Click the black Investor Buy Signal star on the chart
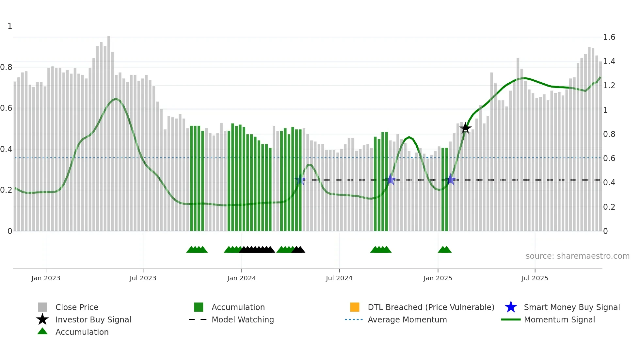pyautogui.click(x=465, y=128)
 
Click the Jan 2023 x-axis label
pyautogui.click(x=46, y=278)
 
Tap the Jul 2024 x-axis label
pyautogui.click(x=339, y=278)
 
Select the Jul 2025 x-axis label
pyautogui.click(x=535, y=278)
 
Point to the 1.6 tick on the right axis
pyautogui.click(x=609, y=37)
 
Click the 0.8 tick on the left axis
pyautogui.click(x=6, y=67)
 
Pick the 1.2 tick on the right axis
pyautogui.click(x=609, y=86)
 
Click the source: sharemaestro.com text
pyautogui.click(x=577, y=256)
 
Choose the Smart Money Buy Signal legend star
pyautogui.click(x=511, y=307)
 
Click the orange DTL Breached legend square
pyautogui.click(x=355, y=307)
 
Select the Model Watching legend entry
pyautogui.click(x=242, y=319)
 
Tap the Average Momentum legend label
pyautogui.click(x=407, y=319)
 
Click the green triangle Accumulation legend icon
pyautogui.click(x=42, y=331)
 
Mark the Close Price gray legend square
pyautogui.click(x=42, y=307)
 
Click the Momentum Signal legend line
pyautogui.click(x=511, y=319)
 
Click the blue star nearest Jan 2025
pyautogui.click(x=451, y=179)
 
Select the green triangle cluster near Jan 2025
pyautogui.click(x=444, y=250)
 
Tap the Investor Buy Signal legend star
pyautogui.click(x=42, y=319)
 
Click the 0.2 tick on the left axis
pyautogui.click(x=6, y=190)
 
